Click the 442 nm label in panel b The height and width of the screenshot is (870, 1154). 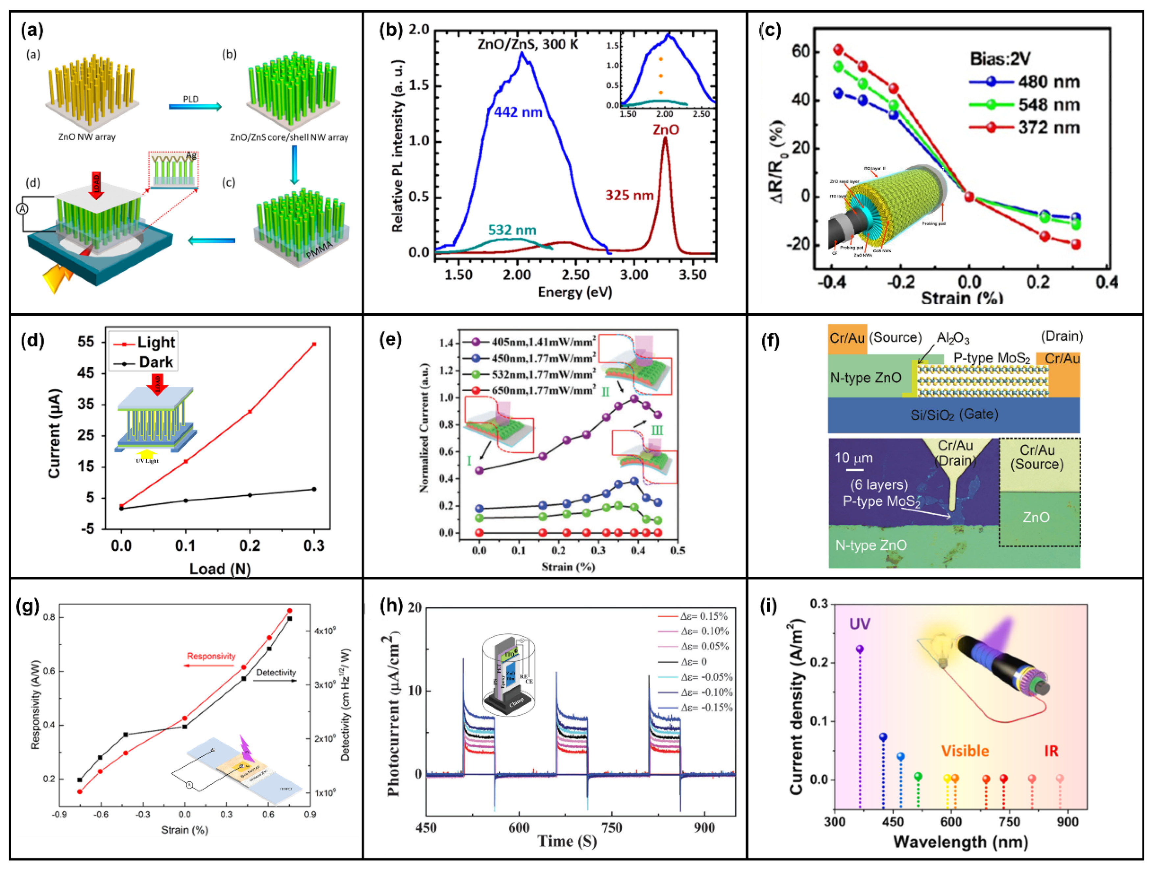point(518,112)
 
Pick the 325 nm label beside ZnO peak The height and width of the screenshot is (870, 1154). point(629,196)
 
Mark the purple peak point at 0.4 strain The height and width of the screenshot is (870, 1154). point(634,399)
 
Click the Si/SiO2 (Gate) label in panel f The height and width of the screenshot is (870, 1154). point(954,415)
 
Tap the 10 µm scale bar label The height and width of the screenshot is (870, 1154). point(853,458)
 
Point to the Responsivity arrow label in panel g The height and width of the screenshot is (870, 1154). point(211,656)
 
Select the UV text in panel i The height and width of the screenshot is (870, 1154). point(859,624)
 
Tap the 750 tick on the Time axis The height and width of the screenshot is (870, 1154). point(611,828)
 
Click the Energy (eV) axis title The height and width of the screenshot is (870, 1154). point(575,292)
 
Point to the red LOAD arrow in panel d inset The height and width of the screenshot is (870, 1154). point(157,384)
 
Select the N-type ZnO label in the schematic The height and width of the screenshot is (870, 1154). point(866,378)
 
